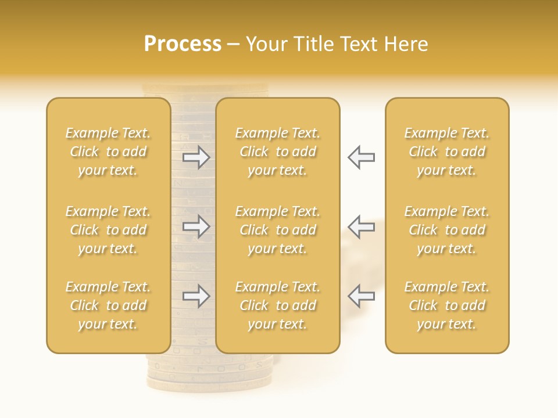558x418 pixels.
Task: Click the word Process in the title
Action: click(x=183, y=44)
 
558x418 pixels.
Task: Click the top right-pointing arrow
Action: click(x=196, y=157)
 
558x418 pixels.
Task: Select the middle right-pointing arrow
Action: click(x=196, y=226)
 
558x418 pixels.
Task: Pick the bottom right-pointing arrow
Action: click(x=196, y=296)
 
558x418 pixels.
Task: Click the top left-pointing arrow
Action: click(x=362, y=157)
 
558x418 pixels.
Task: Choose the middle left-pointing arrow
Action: click(x=362, y=226)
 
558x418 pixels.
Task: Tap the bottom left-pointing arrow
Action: click(x=362, y=296)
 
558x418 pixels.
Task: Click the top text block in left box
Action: click(x=108, y=152)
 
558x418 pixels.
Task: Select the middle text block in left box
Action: click(x=108, y=230)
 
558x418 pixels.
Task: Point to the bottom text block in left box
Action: click(x=108, y=305)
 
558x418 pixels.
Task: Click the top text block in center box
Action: click(x=277, y=152)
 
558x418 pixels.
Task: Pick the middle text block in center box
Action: click(x=277, y=230)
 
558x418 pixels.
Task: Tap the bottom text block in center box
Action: click(x=277, y=305)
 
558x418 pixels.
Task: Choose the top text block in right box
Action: click(x=446, y=152)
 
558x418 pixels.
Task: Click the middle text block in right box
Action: click(x=446, y=230)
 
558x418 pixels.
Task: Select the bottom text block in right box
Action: click(x=446, y=305)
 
